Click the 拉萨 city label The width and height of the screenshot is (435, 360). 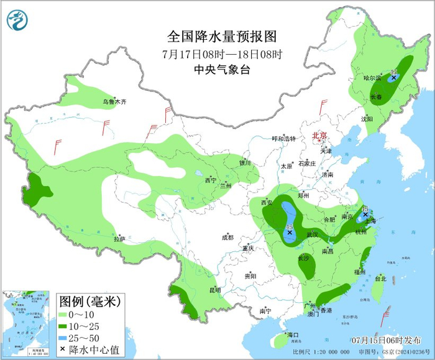pos(120,239)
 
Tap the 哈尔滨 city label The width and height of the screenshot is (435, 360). pos(372,78)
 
